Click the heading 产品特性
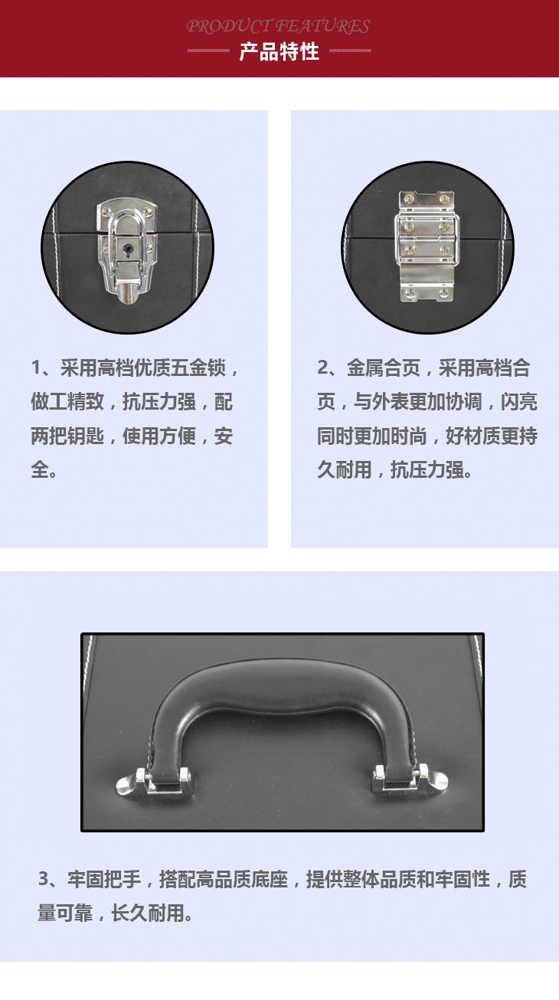[x=279, y=52]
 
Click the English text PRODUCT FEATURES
[x=278, y=26]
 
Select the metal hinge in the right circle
[x=427, y=246]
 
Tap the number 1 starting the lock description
[x=36, y=368]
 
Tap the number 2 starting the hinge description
[x=323, y=368]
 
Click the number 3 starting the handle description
[x=44, y=879]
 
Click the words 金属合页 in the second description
[x=384, y=368]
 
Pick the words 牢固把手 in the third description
[x=104, y=879]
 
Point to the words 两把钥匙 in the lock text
[x=67, y=436]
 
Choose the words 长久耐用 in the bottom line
[x=147, y=913]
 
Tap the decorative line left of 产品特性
[x=208, y=51]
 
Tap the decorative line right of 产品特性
[x=350, y=51]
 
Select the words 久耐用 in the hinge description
[x=345, y=469]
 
